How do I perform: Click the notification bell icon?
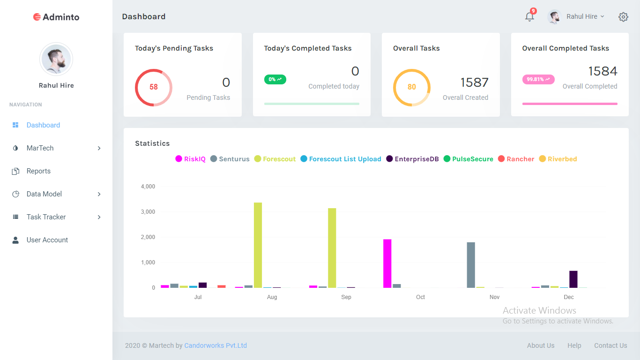529,17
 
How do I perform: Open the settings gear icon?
623,17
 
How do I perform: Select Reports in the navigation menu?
38,171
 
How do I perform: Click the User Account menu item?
47,240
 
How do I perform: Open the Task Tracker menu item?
46,217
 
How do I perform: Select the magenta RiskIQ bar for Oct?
387,263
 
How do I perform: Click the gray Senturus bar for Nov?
471,265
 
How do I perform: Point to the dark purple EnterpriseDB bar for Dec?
573,279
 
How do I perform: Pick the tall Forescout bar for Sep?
332,247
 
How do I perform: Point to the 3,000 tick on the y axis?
148,212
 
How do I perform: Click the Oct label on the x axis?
420,297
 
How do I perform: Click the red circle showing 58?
154,87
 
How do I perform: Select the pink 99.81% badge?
538,79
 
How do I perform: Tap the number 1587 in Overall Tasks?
474,82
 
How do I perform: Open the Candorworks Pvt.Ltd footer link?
216,345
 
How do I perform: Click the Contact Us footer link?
610,345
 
